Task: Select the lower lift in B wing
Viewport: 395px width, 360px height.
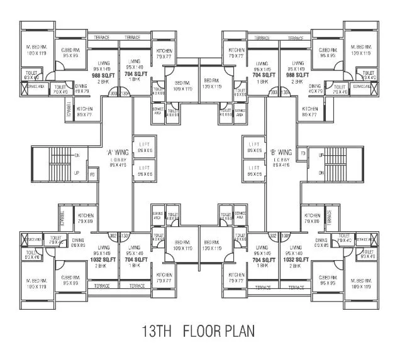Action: click(253, 171)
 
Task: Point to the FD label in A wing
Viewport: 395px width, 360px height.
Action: click(92, 173)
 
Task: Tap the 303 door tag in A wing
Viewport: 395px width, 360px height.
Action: click(114, 94)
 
